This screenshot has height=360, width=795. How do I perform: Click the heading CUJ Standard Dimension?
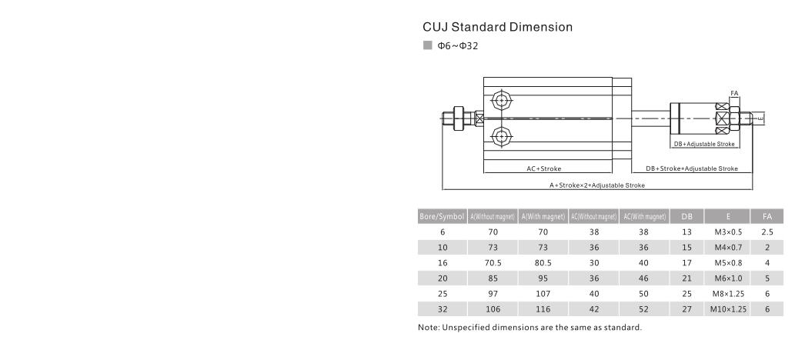pos(497,28)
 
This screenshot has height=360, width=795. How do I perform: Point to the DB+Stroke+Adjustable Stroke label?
pos(691,168)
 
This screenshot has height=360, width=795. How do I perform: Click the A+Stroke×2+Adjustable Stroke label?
pos(597,185)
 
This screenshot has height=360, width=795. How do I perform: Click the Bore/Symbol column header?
pos(441,216)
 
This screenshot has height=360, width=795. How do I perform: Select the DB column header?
pos(686,216)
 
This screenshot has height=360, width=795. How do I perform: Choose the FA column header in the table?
pos(767,216)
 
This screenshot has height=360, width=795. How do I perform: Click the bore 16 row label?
pos(441,262)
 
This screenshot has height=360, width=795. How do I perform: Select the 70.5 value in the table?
pos(493,262)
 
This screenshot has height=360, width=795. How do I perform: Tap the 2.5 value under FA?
pos(767,232)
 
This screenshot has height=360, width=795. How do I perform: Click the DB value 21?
pos(686,278)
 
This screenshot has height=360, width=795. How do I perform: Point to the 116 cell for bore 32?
pos(543,308)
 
